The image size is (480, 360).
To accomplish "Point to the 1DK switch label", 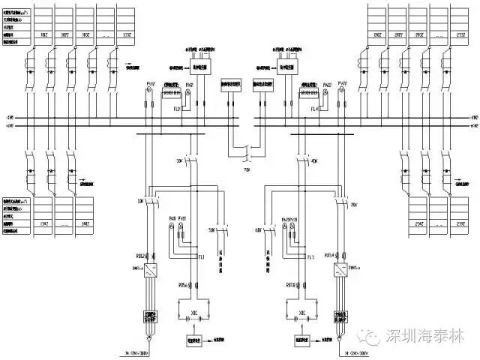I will (140, 201).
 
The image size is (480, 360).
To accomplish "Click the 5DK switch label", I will (211, 229).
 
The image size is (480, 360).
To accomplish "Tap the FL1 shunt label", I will (201, 256).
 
